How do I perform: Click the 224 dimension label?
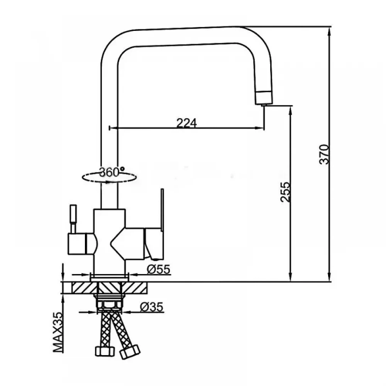(x=186, y=123)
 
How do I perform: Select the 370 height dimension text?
(x=324, y=154)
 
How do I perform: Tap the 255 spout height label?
(x=286, y=192)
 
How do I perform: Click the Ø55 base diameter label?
(x=158, y=269)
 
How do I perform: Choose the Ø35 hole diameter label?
(x=151, y=307)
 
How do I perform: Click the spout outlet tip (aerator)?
(x=264, y=98)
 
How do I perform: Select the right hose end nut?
(x=130, y=351)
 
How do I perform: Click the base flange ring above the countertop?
(x=110, y=278)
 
